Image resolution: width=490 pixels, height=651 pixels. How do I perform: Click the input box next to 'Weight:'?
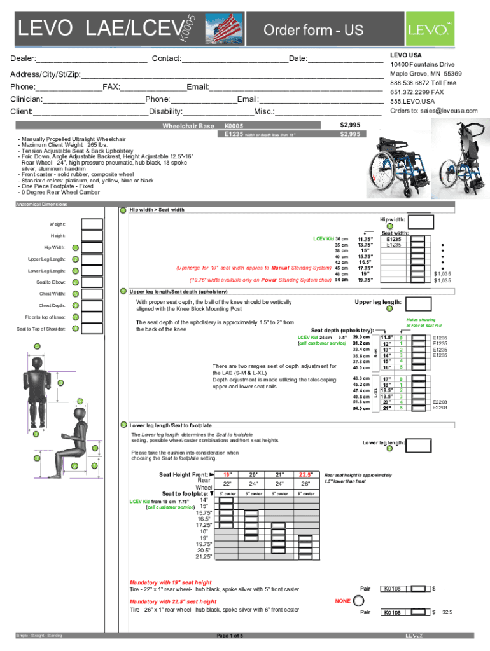tap(92, 224)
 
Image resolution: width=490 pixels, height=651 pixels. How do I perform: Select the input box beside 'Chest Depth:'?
tap(92, 306)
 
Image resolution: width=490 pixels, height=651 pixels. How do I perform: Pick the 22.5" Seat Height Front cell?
tap(306, 474)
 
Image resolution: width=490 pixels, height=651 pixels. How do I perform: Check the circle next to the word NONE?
tap(359, 600)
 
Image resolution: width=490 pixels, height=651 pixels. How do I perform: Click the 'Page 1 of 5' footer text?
tap(234, 635)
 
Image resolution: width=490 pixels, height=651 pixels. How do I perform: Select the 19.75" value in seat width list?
tap(365, 280)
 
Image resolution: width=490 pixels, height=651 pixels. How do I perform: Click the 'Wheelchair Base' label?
tap(188, 126)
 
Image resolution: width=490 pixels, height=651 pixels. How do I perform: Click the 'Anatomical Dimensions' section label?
tap(41, 204)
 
